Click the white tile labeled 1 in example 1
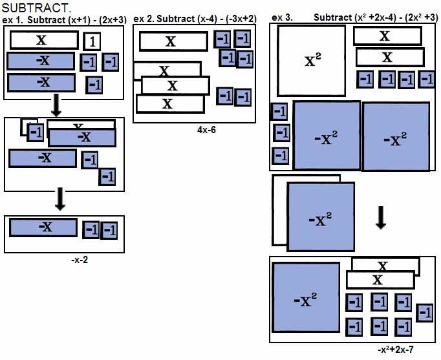(92, 43)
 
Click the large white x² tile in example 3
(312, 61)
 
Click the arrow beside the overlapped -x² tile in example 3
(381, 219)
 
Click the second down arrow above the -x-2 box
(60, 198)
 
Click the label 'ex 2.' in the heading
(144, 19)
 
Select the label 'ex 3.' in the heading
(282, 17)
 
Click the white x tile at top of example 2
(170, 42)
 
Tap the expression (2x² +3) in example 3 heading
(413, 17)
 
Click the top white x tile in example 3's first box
(385, 36)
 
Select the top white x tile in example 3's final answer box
(382, 265)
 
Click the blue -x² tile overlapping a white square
(321, 220)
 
